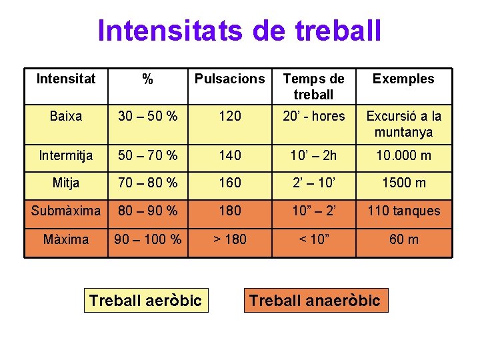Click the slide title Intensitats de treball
pyautogui.click(x=239, y=31)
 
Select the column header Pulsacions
pyautogui.click(x=229, y=79)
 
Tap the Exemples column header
pyautogui.click(x=403, y=79)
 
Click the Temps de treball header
pyautogui.click(x=313, y=87)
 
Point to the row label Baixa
pyautogui.click(x=66, y=116)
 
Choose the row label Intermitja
pyautogui.click(x=66, y=156)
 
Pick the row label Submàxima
pyautogui.click(x=66, y=211)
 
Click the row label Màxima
pyautogui.click(x=66, y=239)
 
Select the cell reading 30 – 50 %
pyautogui.click(x=148, y=116)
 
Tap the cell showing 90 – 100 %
pyautogui.click(x=148, y=239)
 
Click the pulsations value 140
pyautogui.click(x=229, y=156)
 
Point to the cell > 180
pyautogui.click(x=229, y=239)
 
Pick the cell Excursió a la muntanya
pyautogui.click(x=403, y=124)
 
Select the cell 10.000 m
pyautogui.click(x=403, y=156)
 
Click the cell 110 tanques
pyautogui.click(x=403, y=211)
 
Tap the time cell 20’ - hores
pyautogui.click(x=313, y=116)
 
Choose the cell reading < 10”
pyautogui.click(x=313, y=239)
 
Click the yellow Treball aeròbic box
pyautogui.click(x=145, y=301)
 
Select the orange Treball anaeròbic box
pyautogui.click(x=315, y=301)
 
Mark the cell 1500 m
pyautogui.click(x=403, y=183)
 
